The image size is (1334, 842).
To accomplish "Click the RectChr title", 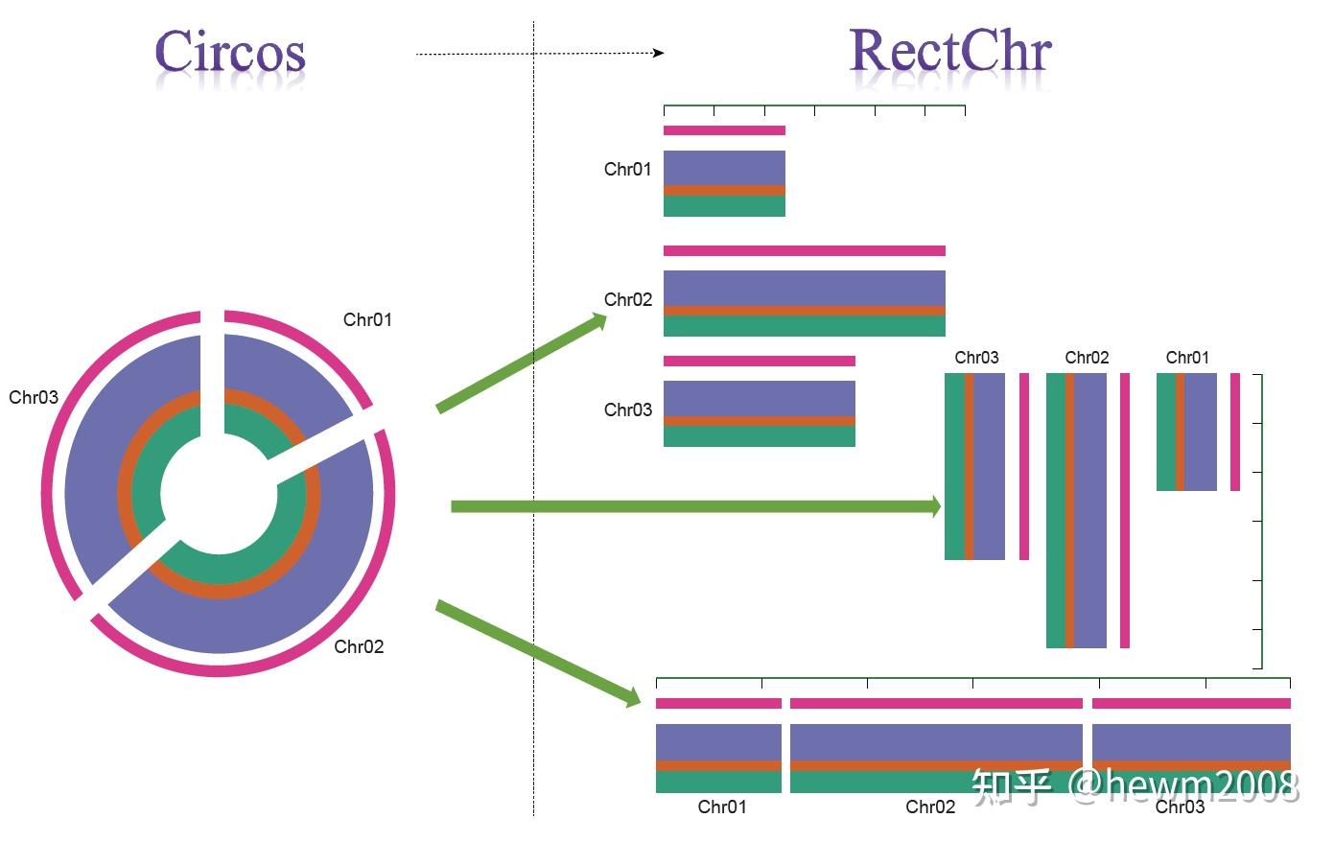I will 950,52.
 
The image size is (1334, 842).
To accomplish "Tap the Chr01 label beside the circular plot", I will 367,320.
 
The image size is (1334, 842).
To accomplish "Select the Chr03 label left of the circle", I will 34,398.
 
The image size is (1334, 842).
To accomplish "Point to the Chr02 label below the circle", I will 359,647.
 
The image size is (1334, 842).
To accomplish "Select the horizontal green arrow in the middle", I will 695,506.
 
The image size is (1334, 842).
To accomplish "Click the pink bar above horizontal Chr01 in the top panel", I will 724,130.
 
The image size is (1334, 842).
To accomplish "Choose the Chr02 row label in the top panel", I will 627,300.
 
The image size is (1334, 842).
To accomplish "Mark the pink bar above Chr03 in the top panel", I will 759,362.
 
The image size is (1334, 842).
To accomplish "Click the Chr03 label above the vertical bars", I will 976,358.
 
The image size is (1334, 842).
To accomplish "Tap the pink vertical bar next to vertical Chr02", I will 1125,510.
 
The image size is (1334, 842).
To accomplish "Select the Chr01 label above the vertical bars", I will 1187,358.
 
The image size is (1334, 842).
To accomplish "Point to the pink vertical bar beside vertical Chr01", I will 1235,432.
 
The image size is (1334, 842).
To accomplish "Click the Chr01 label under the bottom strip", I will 722,807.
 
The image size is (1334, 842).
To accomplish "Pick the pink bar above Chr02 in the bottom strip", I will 935,704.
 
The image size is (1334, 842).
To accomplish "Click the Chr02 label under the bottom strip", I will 930,807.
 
